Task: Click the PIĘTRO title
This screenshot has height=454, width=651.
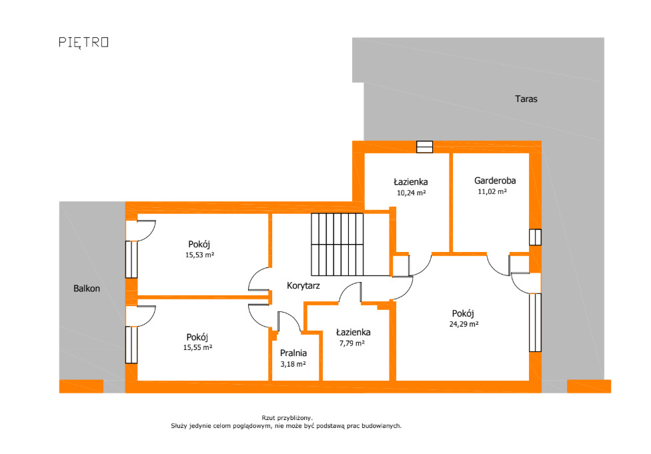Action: [x=83, y=43]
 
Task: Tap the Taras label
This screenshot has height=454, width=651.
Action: [x=526, y=99]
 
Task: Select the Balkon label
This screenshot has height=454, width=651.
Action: [x=87, y=289]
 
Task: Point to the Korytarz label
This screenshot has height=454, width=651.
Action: [x=303, y=285]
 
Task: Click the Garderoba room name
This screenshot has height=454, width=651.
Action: [x=495, y=181]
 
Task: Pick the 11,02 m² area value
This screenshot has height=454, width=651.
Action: [x=492, y=191]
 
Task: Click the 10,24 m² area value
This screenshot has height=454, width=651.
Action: [x=411, y=193]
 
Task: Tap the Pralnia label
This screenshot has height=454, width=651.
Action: [x=293, y=353]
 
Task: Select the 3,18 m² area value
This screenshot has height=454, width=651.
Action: [x=293, y=364]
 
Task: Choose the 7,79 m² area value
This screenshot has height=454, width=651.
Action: [x=352, y=343]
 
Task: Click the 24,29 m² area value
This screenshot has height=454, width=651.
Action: [x=464, y=324]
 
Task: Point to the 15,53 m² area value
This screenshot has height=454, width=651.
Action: [x=199, y=255]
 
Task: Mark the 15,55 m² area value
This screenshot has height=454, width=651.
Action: [x=197, y=347]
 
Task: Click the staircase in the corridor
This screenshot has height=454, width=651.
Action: [x=337, y=245]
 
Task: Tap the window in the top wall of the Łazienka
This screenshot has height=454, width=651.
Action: [x=424, y=147]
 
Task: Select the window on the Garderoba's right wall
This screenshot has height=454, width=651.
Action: [x=535, y=237]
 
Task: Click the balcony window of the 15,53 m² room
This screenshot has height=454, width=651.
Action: [x=131, y=259]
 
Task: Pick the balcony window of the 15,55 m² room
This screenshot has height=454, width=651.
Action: [x=131, y=345]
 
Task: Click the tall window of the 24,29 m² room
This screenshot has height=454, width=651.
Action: [x=535, y=323]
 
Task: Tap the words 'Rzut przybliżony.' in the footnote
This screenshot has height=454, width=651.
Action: [x=287, y=418]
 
